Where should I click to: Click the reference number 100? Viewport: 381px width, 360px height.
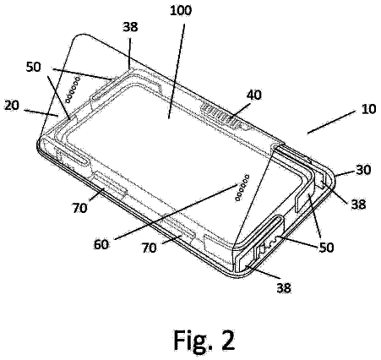pyautogui.click(x=181, y=11)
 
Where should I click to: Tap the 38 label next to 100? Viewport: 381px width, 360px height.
pyautogui.click(x=130, y=27)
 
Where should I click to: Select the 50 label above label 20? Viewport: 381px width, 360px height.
pyautogui.click(x=34, y=67)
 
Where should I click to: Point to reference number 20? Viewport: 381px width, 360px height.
pyautogui.click(x=12, y=106)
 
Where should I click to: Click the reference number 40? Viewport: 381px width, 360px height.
pyautogui.click(x=253, y=95)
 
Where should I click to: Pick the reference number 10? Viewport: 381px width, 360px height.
pyautogui.click(x=368, y=109)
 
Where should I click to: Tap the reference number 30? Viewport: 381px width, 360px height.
pyautogui.click(x=363, y=170)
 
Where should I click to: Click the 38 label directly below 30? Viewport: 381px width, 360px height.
pyautogui.click(x=358, y=205)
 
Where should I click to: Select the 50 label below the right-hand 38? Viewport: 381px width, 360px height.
pyautogui.click(x=326, y=247)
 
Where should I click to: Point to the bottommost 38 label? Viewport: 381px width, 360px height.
pyautogui.click(x=284, y=288)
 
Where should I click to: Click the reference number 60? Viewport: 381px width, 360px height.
pyautogui.click(x=101, y=244)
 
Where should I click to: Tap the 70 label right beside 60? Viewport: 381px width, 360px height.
pyautogui.click(x=149, y=248)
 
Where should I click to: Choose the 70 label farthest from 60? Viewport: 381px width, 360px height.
pyautogui.click(x=79, y=208)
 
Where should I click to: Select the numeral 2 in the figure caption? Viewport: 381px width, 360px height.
pyautogui.click(x=226, y=339)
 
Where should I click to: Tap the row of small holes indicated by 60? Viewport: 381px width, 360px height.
pyautogui.click(x=242, y=188)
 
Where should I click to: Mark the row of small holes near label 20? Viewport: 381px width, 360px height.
pyautogui.click(x=73, y=90)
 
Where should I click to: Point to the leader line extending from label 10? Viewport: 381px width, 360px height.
pyautogui.click(x=331, y=123)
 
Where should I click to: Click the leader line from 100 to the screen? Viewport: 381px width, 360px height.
pyautogui.click(x=176, y=71)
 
